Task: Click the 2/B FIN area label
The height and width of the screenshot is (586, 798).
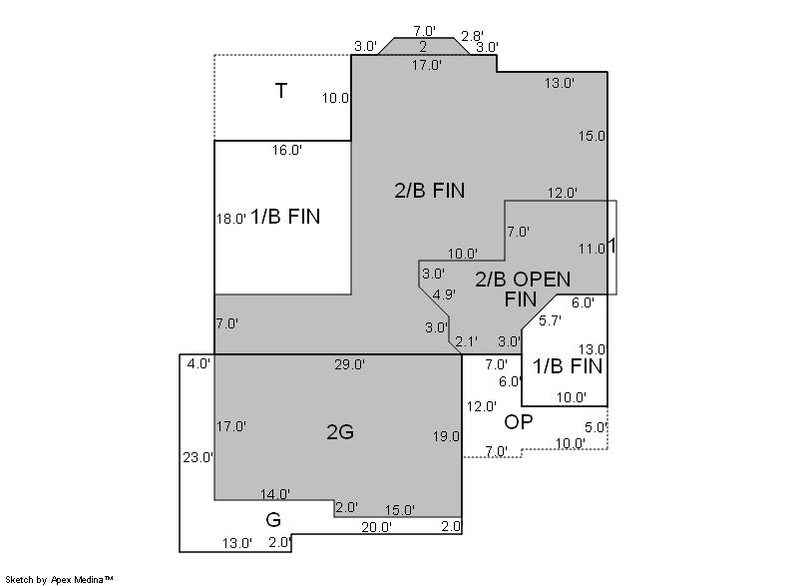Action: point(430,191)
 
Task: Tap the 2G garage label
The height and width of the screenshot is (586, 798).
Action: point(340,432)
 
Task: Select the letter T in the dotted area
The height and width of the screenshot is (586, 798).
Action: point(281,91)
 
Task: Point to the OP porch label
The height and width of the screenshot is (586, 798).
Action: point(519,422)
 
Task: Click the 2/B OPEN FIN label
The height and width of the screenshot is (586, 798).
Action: point(523,290)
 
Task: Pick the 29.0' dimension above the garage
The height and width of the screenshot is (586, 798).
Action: point(350,364)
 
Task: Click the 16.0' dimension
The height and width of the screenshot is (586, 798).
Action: point(287,150)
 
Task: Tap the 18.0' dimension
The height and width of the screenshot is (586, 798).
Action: point(231,219)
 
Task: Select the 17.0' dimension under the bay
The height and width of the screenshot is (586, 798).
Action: point(427,65)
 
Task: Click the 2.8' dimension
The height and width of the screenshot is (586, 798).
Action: point(472,36)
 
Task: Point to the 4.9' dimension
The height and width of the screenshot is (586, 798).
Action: point(444,294)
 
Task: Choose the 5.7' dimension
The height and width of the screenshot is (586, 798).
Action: point(551,320)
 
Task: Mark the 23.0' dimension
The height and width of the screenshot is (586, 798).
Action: point(199,457)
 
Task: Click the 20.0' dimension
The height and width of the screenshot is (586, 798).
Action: point(377,528)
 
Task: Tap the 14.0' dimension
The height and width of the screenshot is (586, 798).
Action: point(275,494)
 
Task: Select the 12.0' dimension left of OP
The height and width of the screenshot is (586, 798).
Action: point(482,406)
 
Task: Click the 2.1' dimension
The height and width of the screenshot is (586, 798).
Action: point(467,341)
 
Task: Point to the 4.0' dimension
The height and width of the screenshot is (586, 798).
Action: point(199,364)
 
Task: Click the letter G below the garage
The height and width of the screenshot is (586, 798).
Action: point(273,520)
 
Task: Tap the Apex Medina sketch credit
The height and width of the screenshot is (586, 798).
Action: point(60,579)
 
